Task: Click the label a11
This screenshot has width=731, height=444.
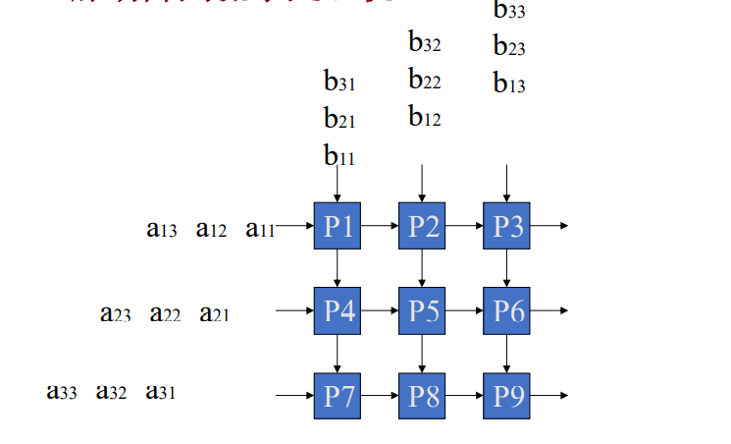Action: click(x=260, y=230)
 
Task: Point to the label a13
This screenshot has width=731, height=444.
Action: click(x=162, y=230)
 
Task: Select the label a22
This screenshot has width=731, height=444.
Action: click(x=165, y=314)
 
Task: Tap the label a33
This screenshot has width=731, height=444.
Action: click(x=62, y=392)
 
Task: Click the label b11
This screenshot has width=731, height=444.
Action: click(x=339, y=155)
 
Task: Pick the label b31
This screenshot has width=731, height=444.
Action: click(x=339, y=82)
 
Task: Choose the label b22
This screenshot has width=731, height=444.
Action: click(x=424, y=81)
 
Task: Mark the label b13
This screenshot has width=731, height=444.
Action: click(x=509, y=84)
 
